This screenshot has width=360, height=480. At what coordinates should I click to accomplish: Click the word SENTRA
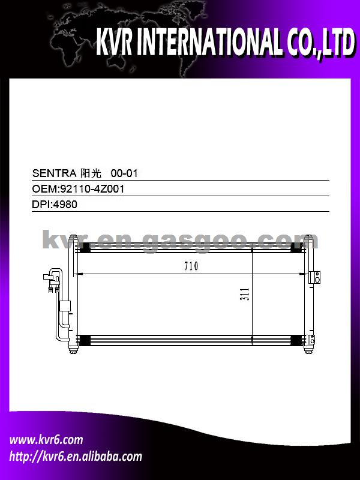(x=54, y=173)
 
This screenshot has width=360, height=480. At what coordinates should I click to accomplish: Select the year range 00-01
(x=124, y=173)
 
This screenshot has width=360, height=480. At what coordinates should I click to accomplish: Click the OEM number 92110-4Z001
(x=92, y=189)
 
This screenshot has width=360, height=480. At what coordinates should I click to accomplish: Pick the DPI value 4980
(x=65, y=204)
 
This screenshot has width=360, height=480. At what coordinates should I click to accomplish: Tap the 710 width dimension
(x=191, y=266)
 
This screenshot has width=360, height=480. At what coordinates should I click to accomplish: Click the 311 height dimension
(x=245, y=294)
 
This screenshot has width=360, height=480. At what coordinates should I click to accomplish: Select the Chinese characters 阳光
(x=91, y=173)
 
